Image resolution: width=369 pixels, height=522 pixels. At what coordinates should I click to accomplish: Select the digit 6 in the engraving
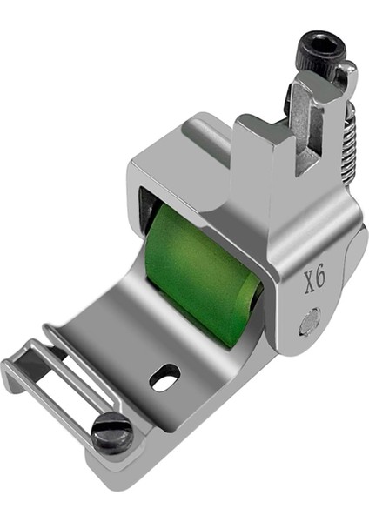(321, 278)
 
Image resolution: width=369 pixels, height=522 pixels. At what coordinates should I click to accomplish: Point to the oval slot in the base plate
(164, 377)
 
